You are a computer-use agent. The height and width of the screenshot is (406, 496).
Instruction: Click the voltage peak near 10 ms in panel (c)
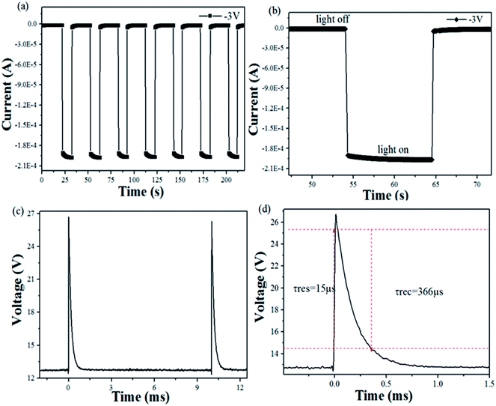(x=212, y=222)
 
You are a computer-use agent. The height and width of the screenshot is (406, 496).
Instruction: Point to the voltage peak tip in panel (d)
(x=336, y=215)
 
